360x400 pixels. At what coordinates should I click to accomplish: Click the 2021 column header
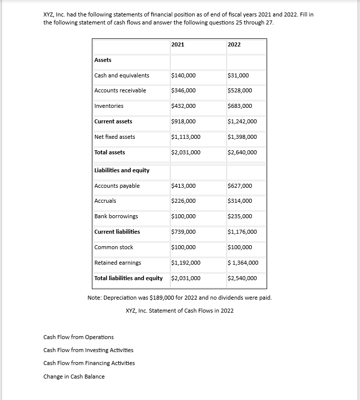point(178,44)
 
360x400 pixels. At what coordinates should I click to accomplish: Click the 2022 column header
point(234,44)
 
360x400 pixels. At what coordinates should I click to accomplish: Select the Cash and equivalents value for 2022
point(238,75)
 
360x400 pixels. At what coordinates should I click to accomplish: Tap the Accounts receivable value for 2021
point(183,90)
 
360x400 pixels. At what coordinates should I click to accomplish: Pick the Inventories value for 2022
point(240,106)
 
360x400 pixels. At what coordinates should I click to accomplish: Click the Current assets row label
point(113,121)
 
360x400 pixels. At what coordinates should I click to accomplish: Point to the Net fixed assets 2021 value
point(186,137)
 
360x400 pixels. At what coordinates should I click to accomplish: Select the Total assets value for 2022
point(242,152)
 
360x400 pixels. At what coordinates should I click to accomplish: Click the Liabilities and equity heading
point(122,170)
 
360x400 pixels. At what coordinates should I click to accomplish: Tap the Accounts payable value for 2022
point(240,186)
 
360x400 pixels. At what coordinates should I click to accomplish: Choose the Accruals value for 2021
point(183,201)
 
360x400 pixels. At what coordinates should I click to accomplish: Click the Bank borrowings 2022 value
point(240,216)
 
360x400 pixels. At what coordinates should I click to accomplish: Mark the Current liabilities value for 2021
point(183,232)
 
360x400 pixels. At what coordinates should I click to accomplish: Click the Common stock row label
point(114,247)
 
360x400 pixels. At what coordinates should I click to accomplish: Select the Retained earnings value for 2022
point(243,263)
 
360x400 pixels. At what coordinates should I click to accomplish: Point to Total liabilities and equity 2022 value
point(242,278)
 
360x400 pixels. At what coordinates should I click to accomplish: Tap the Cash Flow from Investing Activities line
point(88,350)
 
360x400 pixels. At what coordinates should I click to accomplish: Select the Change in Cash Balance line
point(74,376)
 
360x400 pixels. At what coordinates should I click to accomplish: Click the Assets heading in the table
point(103,60)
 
